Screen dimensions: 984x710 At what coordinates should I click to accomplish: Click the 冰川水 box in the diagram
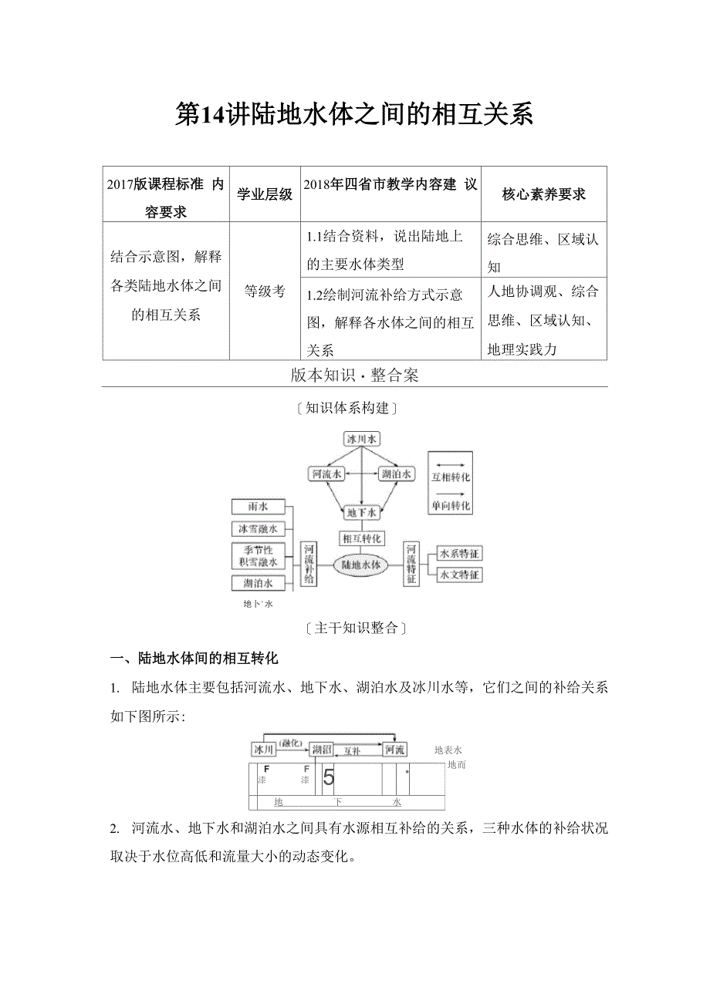point(362,439)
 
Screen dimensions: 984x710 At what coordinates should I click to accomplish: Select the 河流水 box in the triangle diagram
point(326,474)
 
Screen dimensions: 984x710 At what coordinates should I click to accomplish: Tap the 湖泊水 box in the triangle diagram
point(397,474)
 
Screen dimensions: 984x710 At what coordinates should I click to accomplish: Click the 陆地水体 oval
point(361,564)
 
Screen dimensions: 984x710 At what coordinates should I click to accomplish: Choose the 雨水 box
point(258,507)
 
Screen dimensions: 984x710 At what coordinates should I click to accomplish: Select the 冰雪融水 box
point(258,529)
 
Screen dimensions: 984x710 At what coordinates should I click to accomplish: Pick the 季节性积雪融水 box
point(258,556)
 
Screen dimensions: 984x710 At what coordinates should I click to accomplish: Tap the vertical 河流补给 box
point(309,563)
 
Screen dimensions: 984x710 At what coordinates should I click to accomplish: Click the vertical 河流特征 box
point(411,563)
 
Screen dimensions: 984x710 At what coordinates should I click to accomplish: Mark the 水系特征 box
point(459,553)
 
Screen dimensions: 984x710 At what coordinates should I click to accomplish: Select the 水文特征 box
point(459,575)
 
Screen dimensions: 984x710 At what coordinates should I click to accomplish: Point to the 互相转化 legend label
point(451,477)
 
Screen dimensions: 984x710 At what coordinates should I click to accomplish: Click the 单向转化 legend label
point(451,505)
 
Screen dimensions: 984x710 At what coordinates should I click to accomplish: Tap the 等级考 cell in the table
point(265,291)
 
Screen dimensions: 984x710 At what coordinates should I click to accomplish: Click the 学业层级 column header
point(265,194)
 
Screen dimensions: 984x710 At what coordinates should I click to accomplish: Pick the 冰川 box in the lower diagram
point(263,749)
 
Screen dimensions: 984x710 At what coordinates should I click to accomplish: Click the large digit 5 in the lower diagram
point(329,777)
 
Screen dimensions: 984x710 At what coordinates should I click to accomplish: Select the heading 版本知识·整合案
point(354,375)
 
